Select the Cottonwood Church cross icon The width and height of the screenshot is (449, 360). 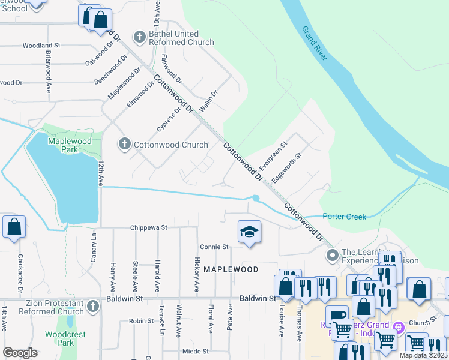124,144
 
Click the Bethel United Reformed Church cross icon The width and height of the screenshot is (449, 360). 139,37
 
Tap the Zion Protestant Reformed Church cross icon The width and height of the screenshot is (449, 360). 92,307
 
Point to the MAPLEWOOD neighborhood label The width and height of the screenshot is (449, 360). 231,269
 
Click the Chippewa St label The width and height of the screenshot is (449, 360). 149,228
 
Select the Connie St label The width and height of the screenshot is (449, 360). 214,247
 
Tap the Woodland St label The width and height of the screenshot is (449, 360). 41,45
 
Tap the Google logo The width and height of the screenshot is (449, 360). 20,353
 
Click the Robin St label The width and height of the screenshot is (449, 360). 142,321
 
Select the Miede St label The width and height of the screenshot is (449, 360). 196,351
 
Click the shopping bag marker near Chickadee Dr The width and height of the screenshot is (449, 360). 14,228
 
